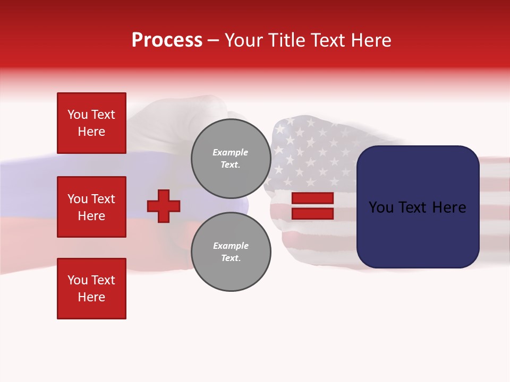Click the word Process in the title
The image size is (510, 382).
pos(167,40)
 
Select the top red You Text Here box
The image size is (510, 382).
pos(91,123)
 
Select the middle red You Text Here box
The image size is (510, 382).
pos(91,207)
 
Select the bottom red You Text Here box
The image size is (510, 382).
pos(91,289)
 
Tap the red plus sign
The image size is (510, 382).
pos(164,206)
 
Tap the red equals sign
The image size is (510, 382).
pos(312,206)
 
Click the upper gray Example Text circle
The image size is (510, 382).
pos(231,159)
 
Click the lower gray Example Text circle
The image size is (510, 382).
pos(231,252)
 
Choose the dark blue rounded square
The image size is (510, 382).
pos(418,207)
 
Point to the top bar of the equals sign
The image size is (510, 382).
pos(312,198)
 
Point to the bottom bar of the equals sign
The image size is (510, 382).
pos(312,213)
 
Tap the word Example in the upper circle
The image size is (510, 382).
pos(231,152)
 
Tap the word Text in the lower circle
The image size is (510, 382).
pos(231,258)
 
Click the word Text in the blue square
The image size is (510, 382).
pos(418,207)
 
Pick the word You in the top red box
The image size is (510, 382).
pos(77,115)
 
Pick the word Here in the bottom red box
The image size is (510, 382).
pos(91,297)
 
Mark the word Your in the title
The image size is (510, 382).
pos(244,40)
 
